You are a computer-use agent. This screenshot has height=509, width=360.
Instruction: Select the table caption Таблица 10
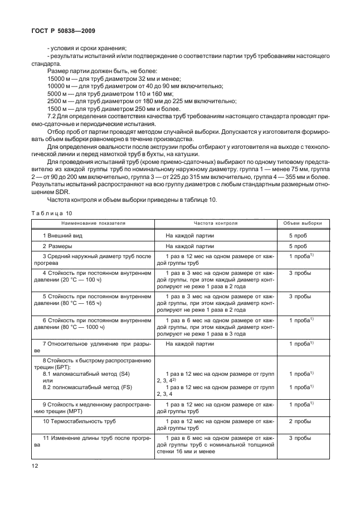(x=53, y=213)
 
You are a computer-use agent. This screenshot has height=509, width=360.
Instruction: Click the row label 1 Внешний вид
(x=61, y=235)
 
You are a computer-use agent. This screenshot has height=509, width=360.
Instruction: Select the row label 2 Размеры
(x=57, y=245)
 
